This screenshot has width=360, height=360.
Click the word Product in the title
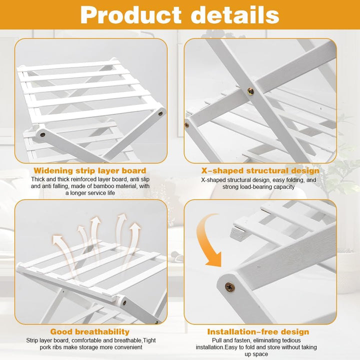tap(131, 15)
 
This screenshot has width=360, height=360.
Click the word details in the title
tap(235, 14)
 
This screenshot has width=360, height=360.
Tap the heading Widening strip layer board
tap(90, 170)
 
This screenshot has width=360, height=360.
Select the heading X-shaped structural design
tap(260, 171)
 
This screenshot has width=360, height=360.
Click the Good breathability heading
tap(90, 332)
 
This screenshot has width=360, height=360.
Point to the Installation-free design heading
tap(258, 332)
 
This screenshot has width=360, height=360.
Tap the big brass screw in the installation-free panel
tap(229, 287)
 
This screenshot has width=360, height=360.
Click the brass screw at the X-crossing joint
tap(250, 91)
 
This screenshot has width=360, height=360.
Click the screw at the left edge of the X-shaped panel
tap(187, 125)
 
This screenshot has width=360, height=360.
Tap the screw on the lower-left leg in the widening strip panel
tap(42, 135)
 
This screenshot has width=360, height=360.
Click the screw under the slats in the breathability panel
tap(124, 303)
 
